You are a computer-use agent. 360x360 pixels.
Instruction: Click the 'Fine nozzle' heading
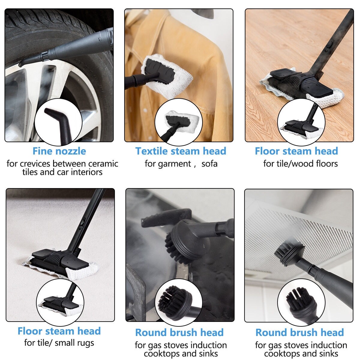click(59, 151)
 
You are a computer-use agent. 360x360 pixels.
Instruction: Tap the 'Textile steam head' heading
click(181, 151)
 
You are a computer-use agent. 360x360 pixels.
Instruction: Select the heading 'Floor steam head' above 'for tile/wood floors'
click(296, 151)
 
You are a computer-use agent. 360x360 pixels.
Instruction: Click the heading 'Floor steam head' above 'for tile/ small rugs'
click(59, 331)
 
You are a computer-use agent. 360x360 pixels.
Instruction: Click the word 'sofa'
click(209, 164)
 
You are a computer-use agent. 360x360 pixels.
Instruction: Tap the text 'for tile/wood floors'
click(301, 164)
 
